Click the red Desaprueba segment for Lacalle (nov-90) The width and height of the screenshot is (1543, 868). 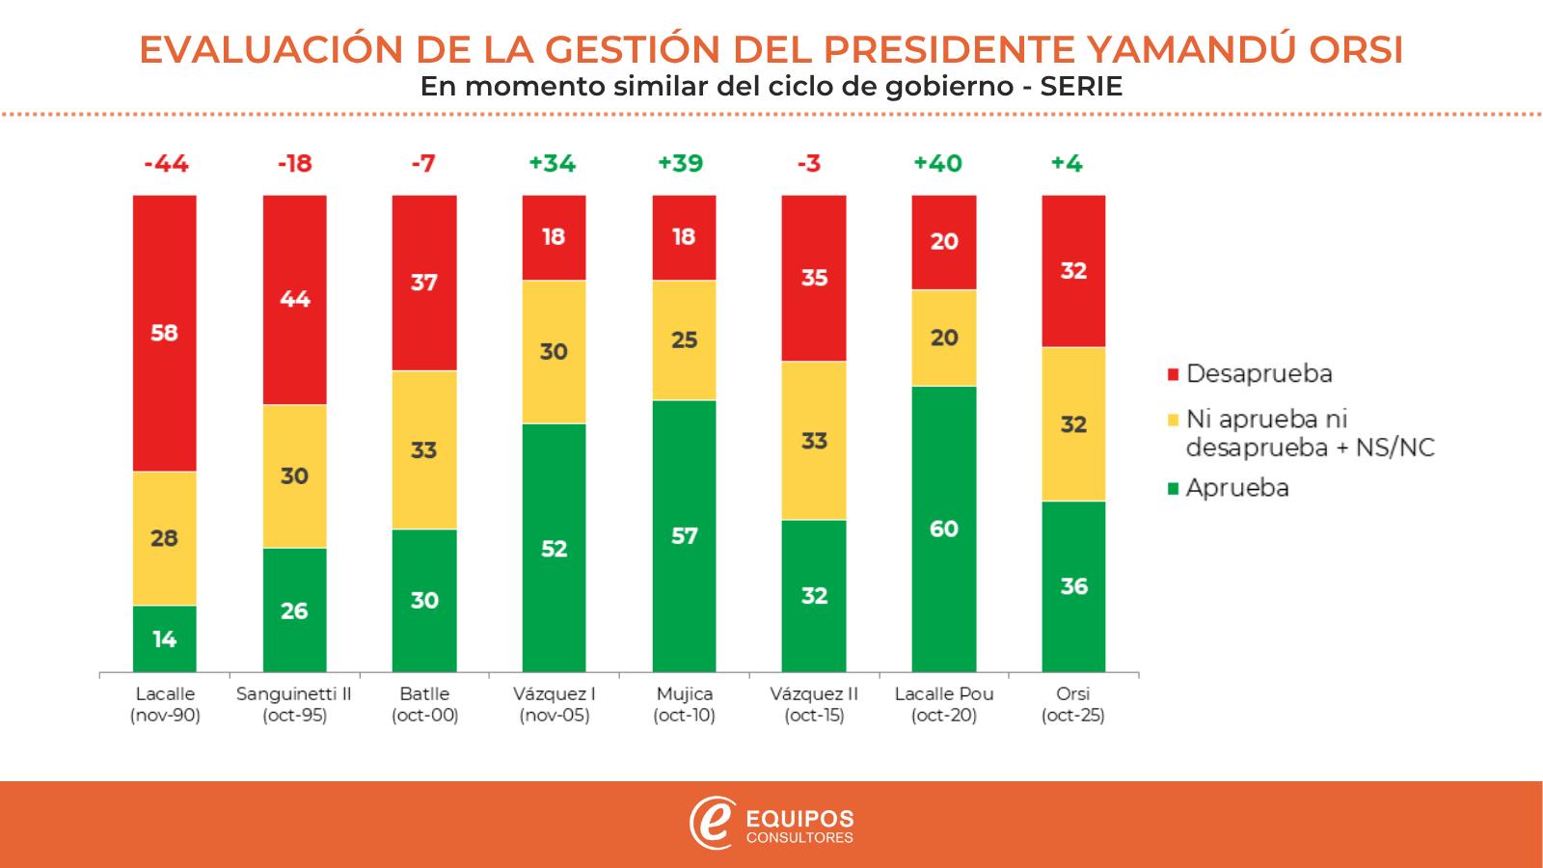click(165, 333)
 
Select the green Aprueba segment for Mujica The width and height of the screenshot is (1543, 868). click(684, 535)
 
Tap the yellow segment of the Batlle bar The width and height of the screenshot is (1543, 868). click(424, 449)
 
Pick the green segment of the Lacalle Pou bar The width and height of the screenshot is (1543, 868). click(944, 529)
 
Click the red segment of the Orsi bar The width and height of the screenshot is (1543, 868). click(1073, 271)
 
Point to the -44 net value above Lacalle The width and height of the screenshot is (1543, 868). click(166, 164)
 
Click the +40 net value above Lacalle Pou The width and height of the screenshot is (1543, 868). click(938, 164)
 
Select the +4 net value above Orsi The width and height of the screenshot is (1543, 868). click(1068, 164)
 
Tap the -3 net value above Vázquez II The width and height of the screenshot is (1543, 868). click(809, 164)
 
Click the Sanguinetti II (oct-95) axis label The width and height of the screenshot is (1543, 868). click(294, 705)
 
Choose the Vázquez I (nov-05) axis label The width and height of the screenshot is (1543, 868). click(554, 705)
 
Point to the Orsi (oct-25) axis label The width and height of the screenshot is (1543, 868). click(1073, 705)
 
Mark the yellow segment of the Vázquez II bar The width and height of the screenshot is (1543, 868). click(814, 441)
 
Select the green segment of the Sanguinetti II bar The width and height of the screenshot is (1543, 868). click(294, 610)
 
